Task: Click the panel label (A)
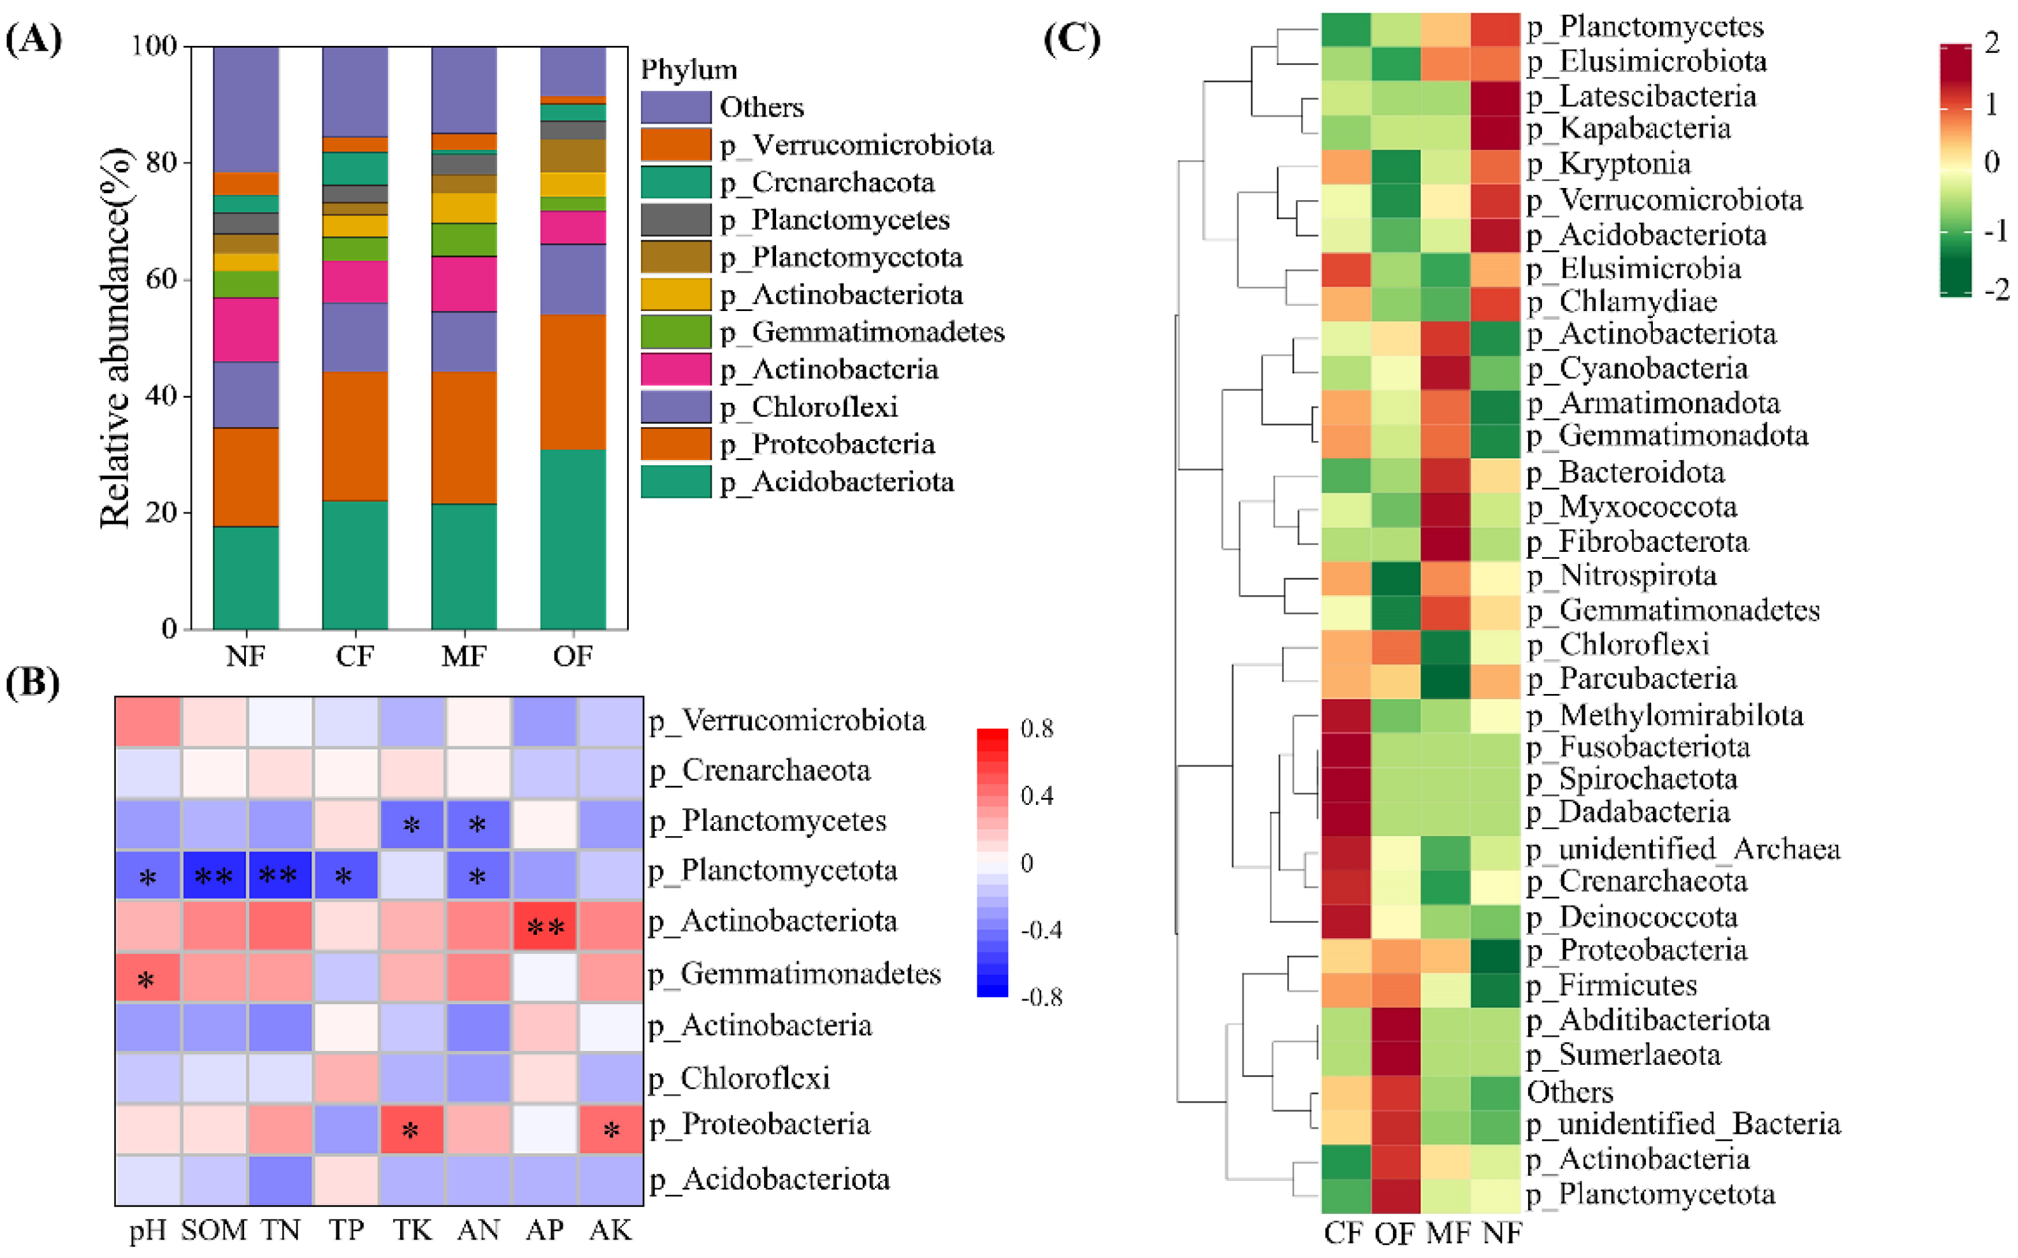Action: (33, 38)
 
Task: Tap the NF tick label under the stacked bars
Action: (245, 656)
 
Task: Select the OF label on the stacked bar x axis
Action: (573, 656)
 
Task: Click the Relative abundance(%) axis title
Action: (115, 338)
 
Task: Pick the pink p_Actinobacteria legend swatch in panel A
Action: (675, 370)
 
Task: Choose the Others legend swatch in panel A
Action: (675, 107)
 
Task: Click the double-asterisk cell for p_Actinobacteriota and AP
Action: (545, 925)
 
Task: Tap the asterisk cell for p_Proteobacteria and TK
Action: (411, 1129)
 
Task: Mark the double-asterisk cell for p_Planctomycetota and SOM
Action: (213, 875)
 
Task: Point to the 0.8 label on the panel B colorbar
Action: (1037, 729)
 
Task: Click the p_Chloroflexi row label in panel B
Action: (754, 1078)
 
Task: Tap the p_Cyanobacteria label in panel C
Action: (1652, 368)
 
